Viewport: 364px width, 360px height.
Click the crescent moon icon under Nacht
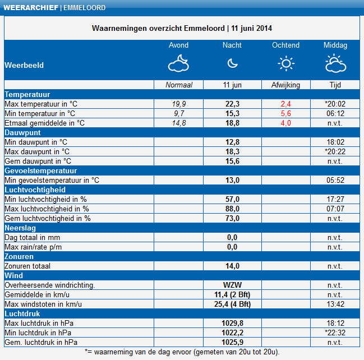coord(232,63)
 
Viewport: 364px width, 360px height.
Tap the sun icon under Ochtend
coord(286,63)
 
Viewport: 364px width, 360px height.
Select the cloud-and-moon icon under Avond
coord(178,63)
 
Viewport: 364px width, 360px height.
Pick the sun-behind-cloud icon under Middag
coord(336,63)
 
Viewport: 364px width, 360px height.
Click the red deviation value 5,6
coord(286,113)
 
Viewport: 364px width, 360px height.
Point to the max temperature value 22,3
coord(232,104)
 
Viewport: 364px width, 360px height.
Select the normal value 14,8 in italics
coord(179,123)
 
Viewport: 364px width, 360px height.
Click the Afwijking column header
coord(286,85)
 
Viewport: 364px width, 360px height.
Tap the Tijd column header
coord(335,85)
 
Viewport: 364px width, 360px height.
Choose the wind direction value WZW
coord(232,285)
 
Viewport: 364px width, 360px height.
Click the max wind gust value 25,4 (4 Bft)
coord(232,304)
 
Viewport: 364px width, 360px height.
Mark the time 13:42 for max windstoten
coord(335,304)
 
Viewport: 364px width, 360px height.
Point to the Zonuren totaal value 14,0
coord(232,266)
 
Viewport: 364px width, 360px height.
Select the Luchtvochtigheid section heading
coord(35,190)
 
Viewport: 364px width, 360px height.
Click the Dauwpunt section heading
coord(22,132)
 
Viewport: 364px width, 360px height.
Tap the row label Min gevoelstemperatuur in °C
coord(52,181)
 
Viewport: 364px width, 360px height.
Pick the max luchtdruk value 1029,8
coord(232,323)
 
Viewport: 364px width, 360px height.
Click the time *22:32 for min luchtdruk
coord(335,333)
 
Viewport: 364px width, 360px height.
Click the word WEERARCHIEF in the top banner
coord(31,8)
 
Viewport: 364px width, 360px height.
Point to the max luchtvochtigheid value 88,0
coord(232,209)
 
